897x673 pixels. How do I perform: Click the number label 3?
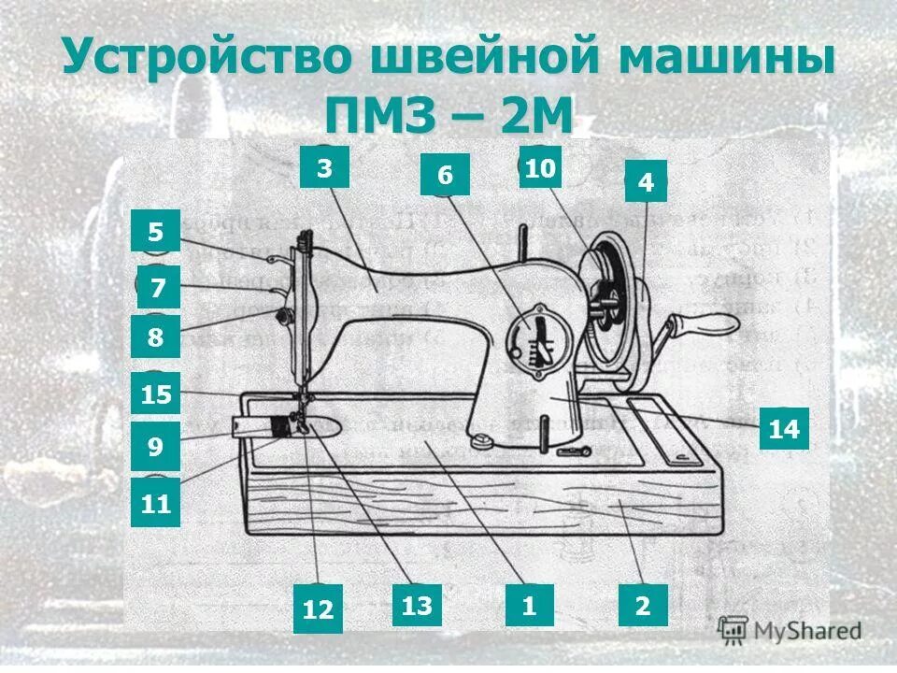(x=323, y=169)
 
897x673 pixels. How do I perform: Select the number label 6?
(x=444, y=175)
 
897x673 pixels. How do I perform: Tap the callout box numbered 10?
(x=540, y=168)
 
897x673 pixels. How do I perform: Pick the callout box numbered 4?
(x=646, y=182)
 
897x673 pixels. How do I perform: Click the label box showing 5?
(x=155, y=232)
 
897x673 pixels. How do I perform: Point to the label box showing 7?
(x=158, y=288)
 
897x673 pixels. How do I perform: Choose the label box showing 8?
(x=155, y=336)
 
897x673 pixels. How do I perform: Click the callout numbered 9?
(x=155, y=447)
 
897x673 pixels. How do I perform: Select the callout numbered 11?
(x=156, y=505)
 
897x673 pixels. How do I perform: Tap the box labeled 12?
(x=318, y=609)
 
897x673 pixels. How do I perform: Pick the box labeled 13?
(x=417, y=606)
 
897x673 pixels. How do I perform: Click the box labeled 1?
(x=529, y=605)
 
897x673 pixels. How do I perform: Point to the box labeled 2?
(x=643, y=605)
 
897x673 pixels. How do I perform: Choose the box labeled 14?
(x=783, y=429)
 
